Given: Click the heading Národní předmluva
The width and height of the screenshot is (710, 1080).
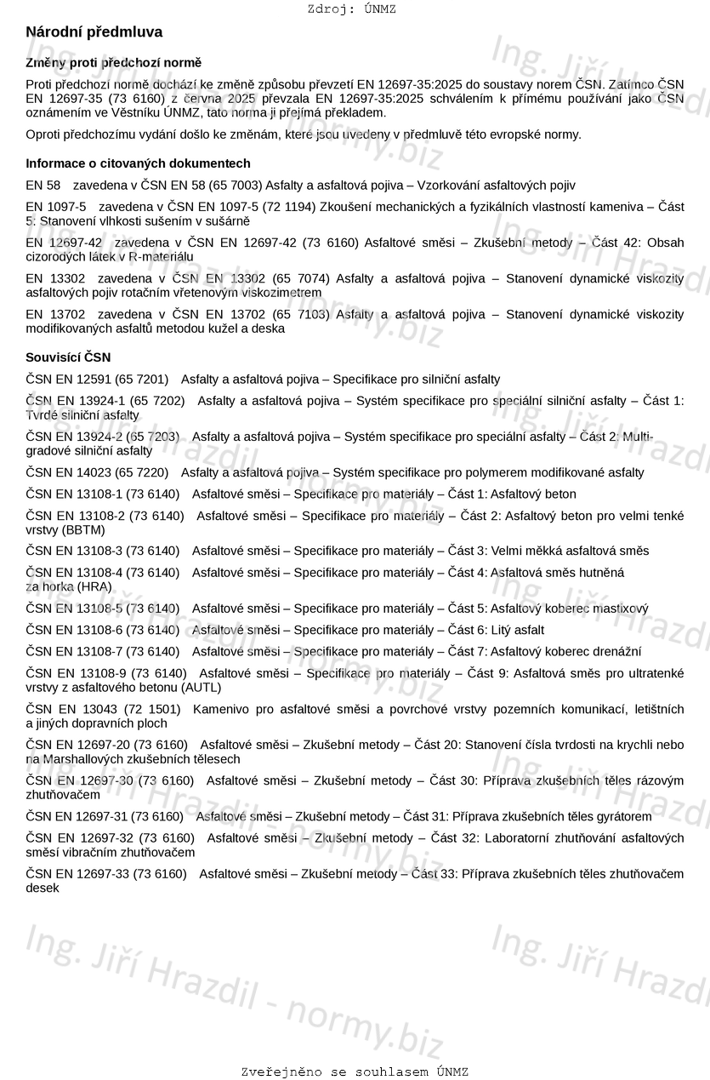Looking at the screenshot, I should coord(94,32).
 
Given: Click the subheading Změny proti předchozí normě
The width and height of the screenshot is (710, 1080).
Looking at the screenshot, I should coord(114,63).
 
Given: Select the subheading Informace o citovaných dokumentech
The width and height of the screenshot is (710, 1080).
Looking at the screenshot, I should coord(138,163).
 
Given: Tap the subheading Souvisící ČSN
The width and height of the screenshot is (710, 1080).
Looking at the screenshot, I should coord(68,357).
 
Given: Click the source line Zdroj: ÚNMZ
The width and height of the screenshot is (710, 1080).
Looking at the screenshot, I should coord(351,9).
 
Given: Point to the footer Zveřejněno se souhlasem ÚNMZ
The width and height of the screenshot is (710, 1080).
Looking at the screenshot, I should coord(355,1072).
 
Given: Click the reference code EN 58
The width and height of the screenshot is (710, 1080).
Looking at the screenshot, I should coord(43,185).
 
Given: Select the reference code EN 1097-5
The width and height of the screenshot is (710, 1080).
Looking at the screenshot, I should coord(56,207).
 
